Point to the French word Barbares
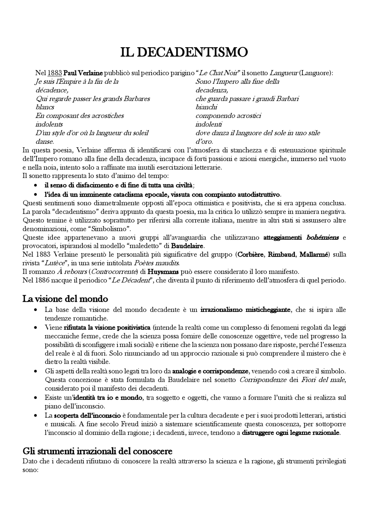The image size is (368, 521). (137, 99)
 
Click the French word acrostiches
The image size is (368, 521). (107, 116)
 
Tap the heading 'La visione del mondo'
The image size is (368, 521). (65, 299)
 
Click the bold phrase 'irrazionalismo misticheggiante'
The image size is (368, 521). (246, 310)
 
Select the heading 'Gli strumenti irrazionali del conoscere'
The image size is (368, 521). (97, 451)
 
